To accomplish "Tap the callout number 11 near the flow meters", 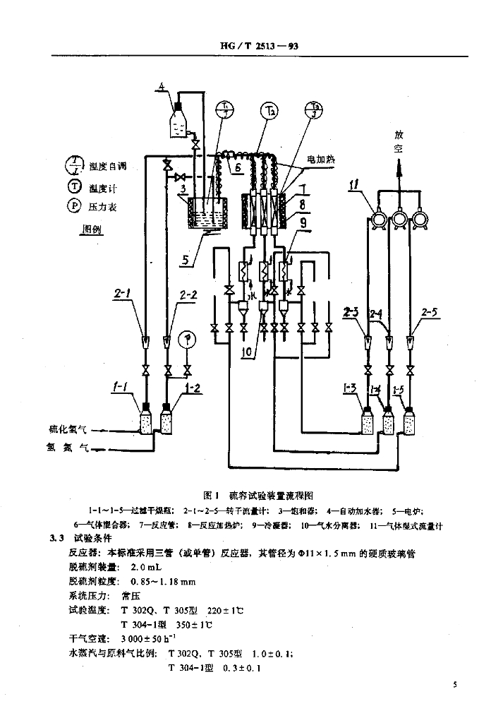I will tap(356, 186).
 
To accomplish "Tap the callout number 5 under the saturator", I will tap(186, 259).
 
